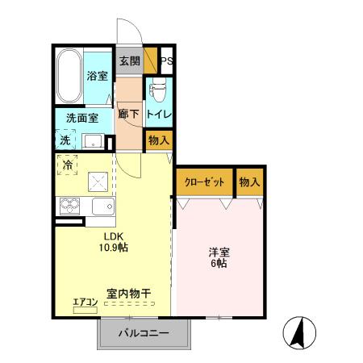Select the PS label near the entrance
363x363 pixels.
click(x=168, y=61)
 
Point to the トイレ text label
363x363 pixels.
click(x=158, y=114)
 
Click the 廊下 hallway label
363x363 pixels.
click(x=129, y=114)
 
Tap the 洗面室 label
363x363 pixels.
click(x=82, y=118)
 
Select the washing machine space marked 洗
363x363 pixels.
click(x=65, y=140)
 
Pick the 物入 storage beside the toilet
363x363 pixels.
click(x=159, y=140)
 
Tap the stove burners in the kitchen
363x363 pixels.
click(x=68, y=207)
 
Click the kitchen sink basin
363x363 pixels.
click(x=102, y=207)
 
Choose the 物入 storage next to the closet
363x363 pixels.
click(x=250, y=182)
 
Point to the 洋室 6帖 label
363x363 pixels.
click(x=218, y=257)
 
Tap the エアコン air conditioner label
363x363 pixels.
click(x=86, y=302)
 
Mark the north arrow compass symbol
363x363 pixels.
click(x=298, y=331)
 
